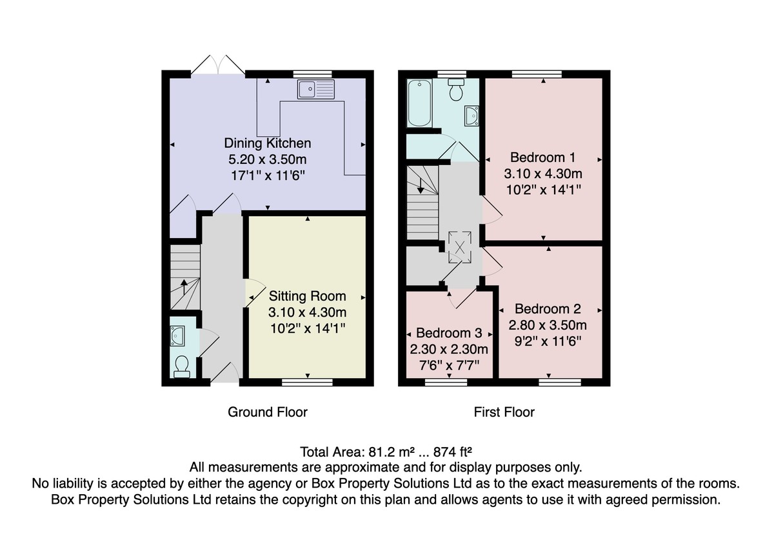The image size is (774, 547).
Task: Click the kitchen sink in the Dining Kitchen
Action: coord(315,89)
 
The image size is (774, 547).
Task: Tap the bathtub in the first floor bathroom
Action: coord(419,103)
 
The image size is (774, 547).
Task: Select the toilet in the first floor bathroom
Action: coord(456,90)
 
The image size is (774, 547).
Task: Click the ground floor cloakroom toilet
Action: coord(182,367)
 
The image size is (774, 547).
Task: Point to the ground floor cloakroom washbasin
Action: coord(177,336)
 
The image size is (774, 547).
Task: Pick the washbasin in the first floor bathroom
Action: coord(471,115)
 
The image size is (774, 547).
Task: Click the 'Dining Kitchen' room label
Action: coord(268,143)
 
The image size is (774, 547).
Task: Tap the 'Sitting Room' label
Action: coord(307,296)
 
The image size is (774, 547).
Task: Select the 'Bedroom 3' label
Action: coord(449,333)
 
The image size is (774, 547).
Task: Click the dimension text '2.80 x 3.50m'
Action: coord(548,325)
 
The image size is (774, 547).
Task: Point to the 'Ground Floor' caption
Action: coord(268,412)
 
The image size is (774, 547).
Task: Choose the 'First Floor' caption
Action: coord(504,412)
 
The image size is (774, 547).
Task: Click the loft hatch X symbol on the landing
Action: coord(459,248)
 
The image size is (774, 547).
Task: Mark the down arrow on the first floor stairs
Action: coord(421,185)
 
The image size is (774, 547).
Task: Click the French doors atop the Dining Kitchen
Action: coord(218,65)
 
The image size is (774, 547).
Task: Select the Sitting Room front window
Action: coord(307,382)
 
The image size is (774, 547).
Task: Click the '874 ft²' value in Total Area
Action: coord(453,452)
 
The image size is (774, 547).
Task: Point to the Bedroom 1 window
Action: coord(537,74)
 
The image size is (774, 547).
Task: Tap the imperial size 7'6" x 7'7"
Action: coord(449,365)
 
